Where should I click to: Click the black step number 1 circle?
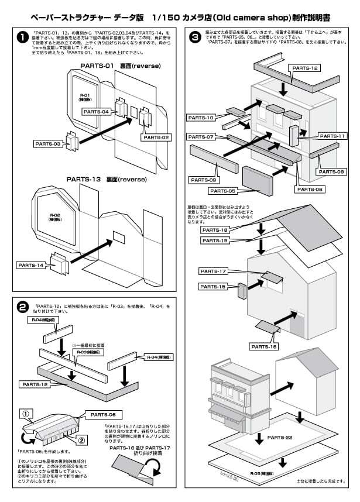click(x=22, y=37)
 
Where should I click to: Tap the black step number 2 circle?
click(x=22, y=307)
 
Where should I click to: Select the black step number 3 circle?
click(x=196, y=37)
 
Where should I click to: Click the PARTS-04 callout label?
click(x=97, y=111)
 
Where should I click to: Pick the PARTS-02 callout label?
click(x=155, y=137)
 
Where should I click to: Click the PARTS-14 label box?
click(x=31, y=264)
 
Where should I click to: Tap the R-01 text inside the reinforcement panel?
click(x=84, y=95)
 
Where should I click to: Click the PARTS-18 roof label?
click(x=215, y=230)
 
